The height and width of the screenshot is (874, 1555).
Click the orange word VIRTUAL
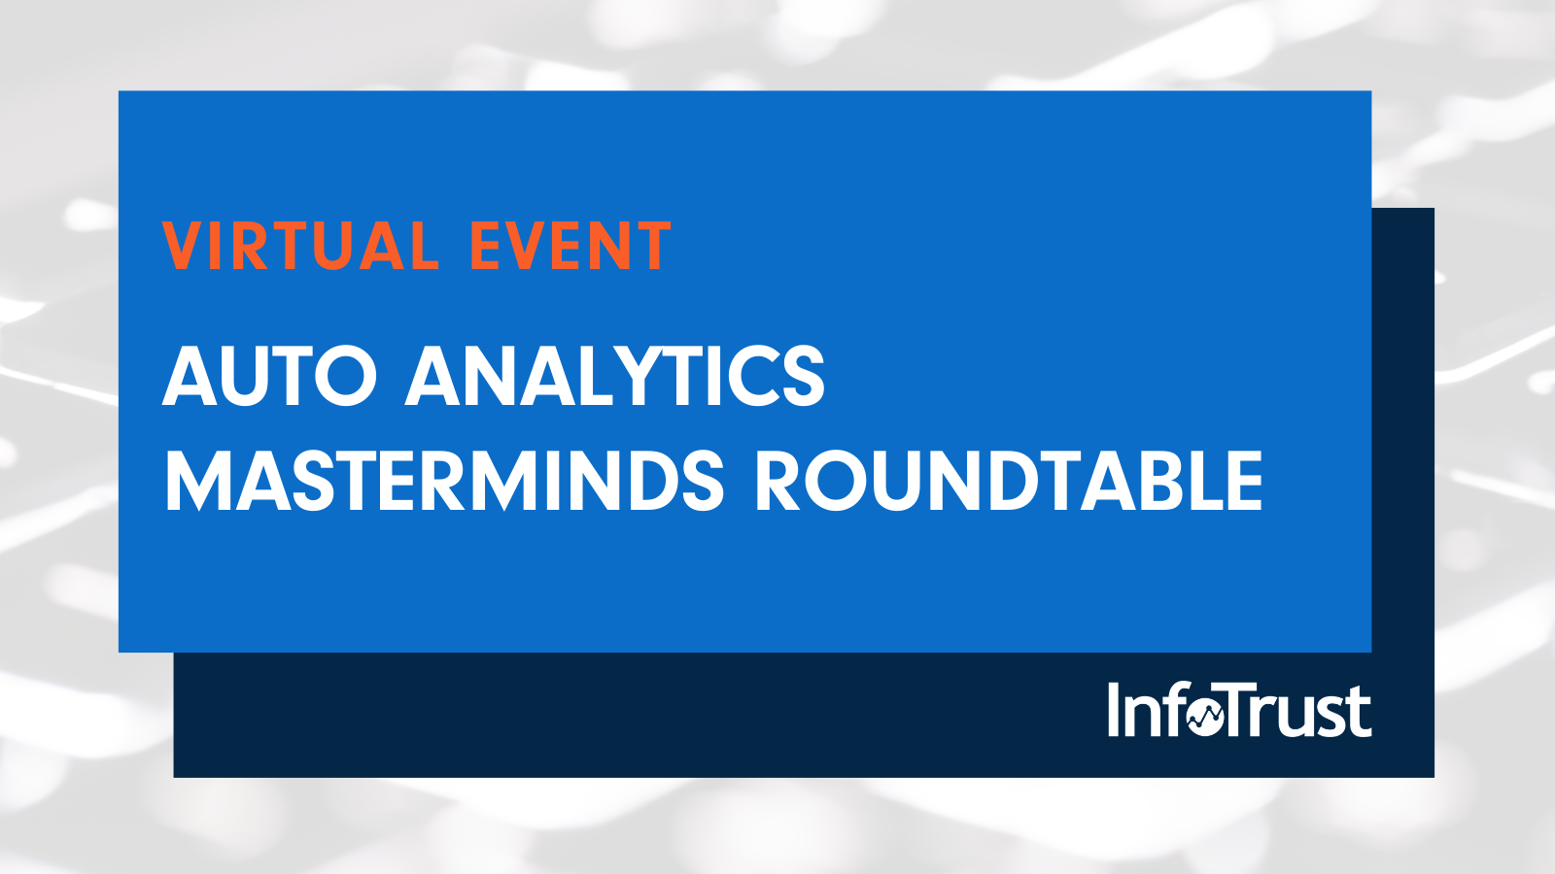pos(300,246)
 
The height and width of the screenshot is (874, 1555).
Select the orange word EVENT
pos(570,246)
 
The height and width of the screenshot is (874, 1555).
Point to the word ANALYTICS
pos(615,376)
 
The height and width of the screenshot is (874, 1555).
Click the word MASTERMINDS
pos(444,480)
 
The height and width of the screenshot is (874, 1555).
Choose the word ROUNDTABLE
pos(1009,480)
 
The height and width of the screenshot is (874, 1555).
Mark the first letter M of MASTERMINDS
pos(199,480)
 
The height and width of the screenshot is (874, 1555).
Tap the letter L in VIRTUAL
pos(424,246)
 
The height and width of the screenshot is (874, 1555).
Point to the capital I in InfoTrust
pos(1114,710)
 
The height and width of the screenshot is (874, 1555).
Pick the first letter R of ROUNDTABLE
pos(777,480)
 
